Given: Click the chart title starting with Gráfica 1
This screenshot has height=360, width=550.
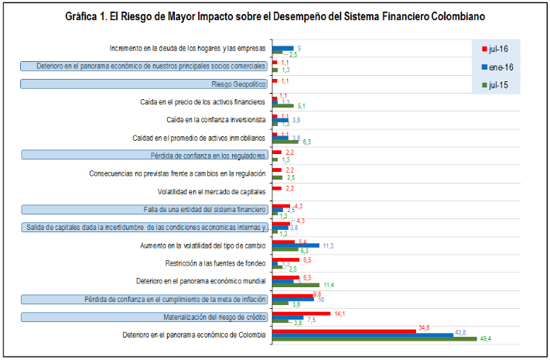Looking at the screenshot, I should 275,16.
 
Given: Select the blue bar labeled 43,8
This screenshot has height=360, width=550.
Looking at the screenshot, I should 363,334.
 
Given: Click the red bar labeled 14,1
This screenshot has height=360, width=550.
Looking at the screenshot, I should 302,314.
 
